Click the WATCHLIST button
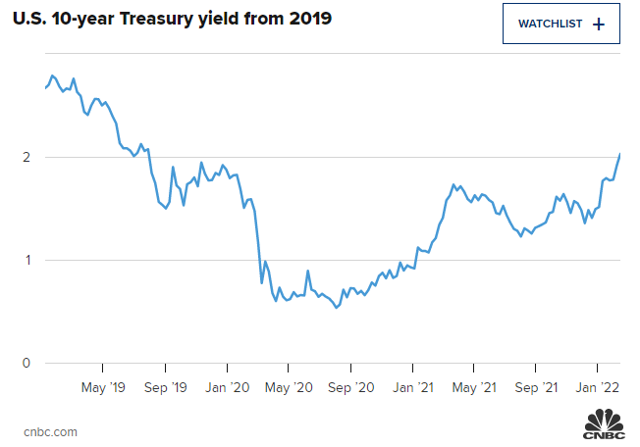pos(561,24)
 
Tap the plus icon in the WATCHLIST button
pos(600,24)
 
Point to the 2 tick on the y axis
pos(27,157)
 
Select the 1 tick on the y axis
pos(27,260)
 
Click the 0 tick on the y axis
pos(27,364)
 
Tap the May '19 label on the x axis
pos(102,388)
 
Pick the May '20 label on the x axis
pos(289,388)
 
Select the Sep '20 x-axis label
pos(350,388)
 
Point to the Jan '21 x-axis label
pos(412,388)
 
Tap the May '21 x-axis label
pos(475,388)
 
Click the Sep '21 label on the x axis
pos(537,388)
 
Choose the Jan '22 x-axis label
pos(598,388)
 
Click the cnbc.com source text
pos(51,431)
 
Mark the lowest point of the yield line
pos(337,308)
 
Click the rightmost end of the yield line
pos(620,154)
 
